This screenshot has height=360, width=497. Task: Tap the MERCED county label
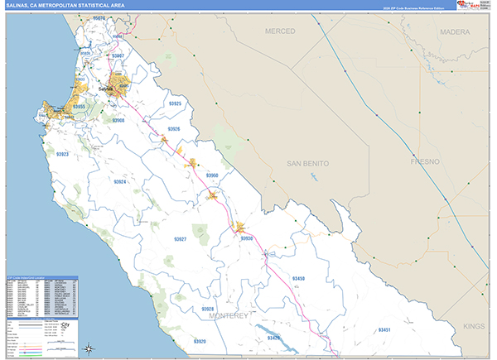click(280, 31)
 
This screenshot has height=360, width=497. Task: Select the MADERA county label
click(454, 31)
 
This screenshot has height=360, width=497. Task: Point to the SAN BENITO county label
click(308, 164)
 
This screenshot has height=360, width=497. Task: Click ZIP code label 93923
click(63, 155)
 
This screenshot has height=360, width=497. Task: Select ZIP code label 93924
click(119, 181)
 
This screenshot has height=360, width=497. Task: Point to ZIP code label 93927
click(180, 239)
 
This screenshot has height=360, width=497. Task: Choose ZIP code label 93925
click(175, 104)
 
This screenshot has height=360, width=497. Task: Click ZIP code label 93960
click(212, 175)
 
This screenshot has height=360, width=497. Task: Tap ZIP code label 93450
click(299, 279)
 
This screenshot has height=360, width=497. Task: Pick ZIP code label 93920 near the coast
click(200, 341)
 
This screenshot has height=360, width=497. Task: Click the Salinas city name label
click(106, 89)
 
